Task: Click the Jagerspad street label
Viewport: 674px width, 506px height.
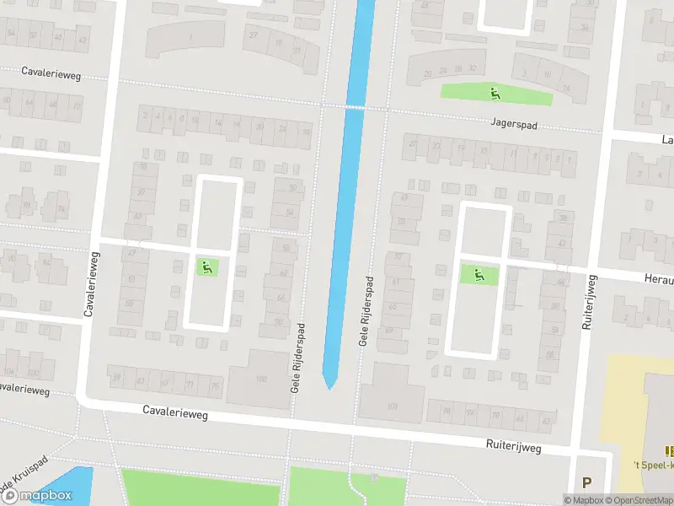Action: pos(515,123)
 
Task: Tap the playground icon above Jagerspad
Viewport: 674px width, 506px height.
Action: pos(495,93)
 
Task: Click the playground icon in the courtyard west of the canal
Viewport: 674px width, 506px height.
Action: pos(206,268)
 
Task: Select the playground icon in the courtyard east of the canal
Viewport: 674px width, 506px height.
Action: pos(479,274)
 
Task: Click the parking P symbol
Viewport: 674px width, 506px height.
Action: pos(587,482)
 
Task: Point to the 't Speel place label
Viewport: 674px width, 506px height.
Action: pos(655,464)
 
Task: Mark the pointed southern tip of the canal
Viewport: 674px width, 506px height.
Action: pos(330,388)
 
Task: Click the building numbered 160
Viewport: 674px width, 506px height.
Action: pos(261,379)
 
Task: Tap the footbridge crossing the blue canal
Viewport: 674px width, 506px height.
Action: pos(354,107)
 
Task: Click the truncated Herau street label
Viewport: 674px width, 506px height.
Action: pos(657,277)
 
